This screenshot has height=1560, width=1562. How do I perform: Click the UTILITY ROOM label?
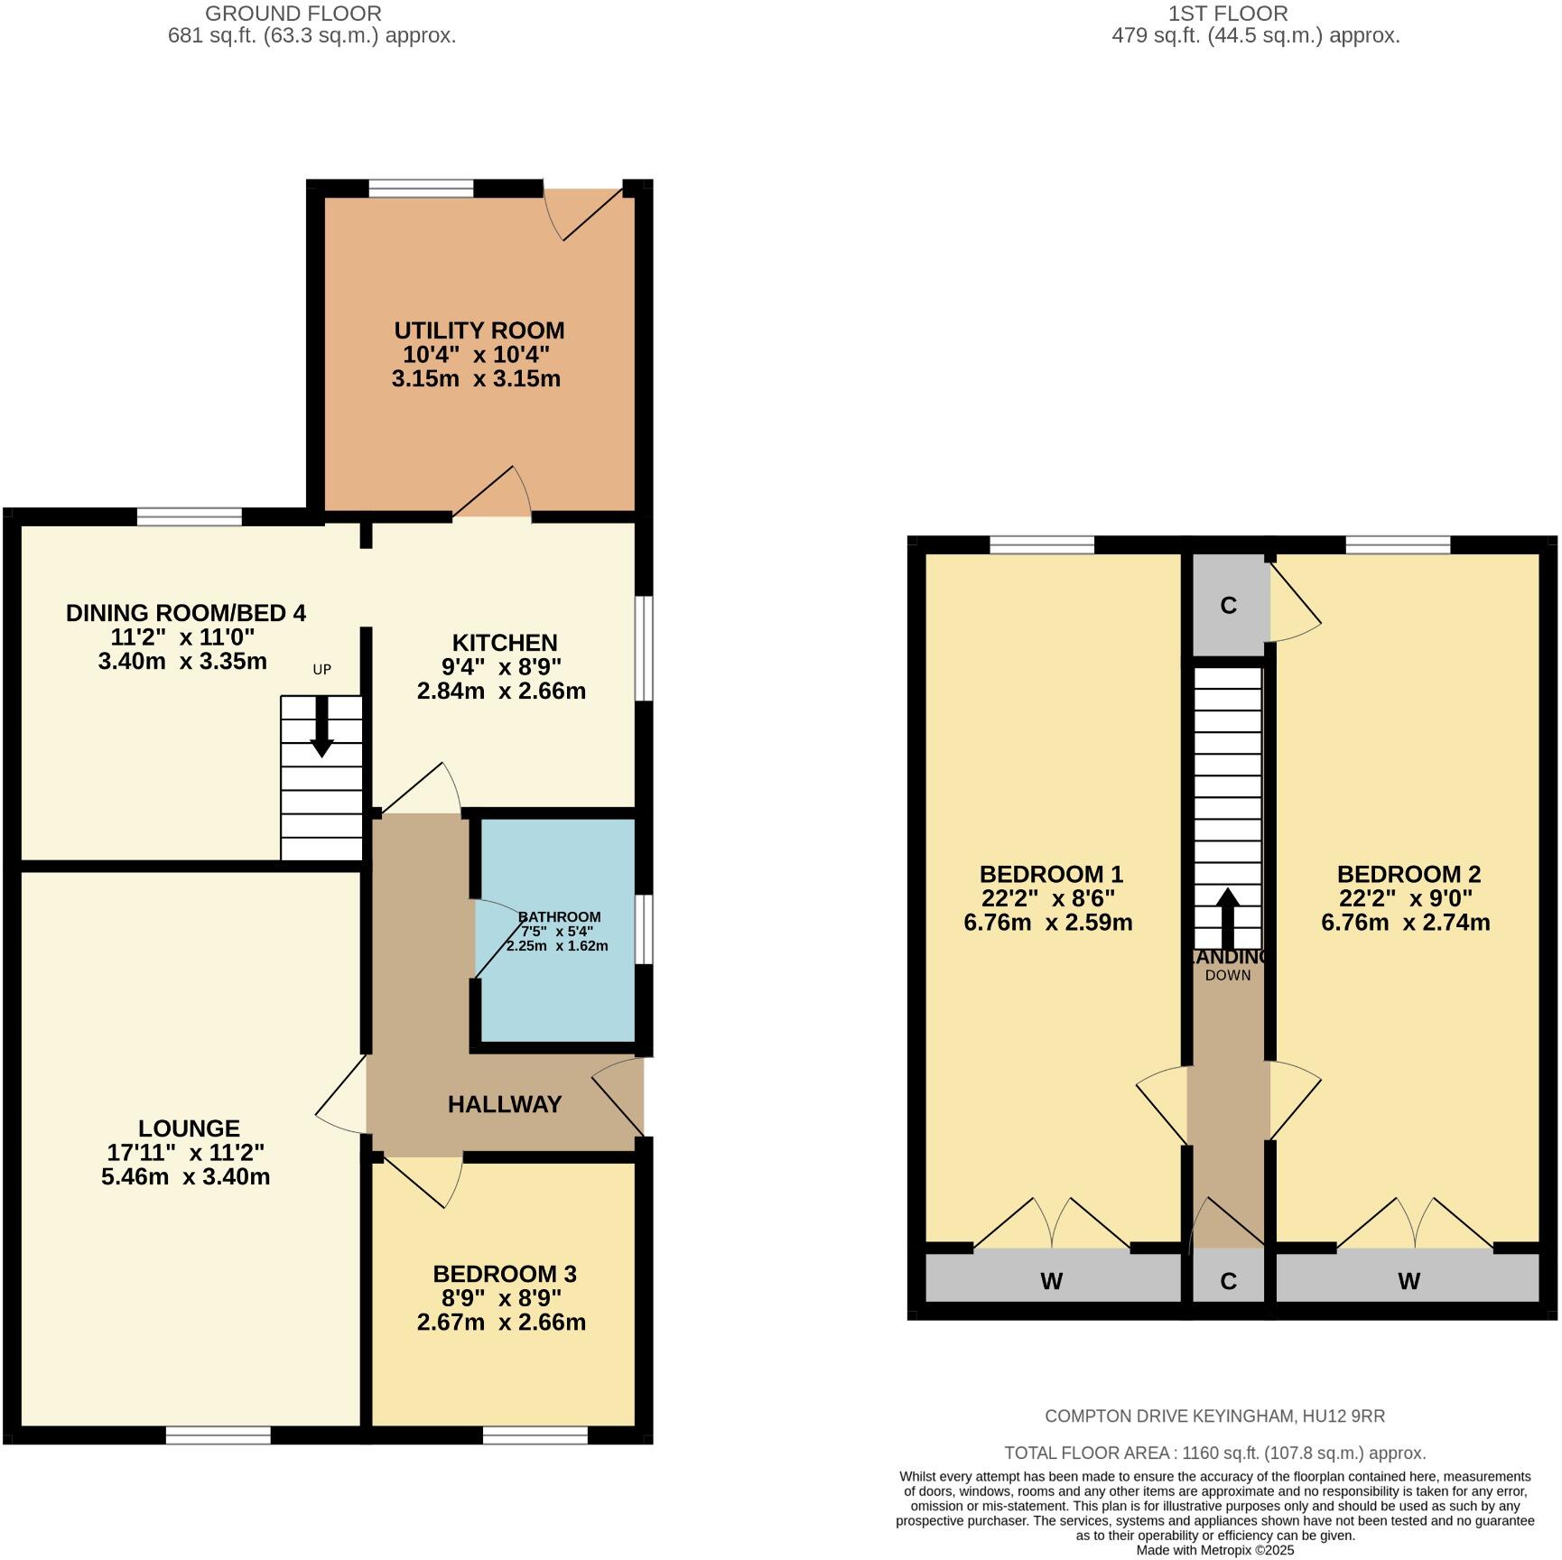pos(479,330)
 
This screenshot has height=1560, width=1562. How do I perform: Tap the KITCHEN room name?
pos(504,643)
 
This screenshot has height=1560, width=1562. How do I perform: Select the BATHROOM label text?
pos(559,916)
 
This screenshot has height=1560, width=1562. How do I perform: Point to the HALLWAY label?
pos(505,1103)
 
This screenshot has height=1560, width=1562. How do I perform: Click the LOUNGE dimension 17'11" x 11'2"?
pos(186,1153)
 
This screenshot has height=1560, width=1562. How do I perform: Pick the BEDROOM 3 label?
pos(504,1274)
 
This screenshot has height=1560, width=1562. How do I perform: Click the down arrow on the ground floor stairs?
pos(321,736)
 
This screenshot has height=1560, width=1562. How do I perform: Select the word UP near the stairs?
pos(321,669)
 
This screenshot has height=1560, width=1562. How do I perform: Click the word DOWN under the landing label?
pos(1227,975)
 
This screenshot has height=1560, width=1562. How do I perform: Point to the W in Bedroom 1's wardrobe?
pos(1051,1280)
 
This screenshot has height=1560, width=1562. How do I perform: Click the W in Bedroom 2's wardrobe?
pos(1409,1280)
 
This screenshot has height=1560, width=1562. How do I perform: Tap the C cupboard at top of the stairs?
pos(1228,605)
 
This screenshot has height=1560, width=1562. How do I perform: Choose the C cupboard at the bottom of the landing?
pos(1228,1280)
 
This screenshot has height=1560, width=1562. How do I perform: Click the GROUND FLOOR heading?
pos(293,14)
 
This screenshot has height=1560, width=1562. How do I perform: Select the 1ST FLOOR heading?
pos(1228,14)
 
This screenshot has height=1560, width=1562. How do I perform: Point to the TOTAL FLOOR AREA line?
pos(1214,1453)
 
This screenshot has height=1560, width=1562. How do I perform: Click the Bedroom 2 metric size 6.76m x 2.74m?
pos(1405,923)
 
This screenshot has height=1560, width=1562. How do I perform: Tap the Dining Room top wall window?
pos(190,516)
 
